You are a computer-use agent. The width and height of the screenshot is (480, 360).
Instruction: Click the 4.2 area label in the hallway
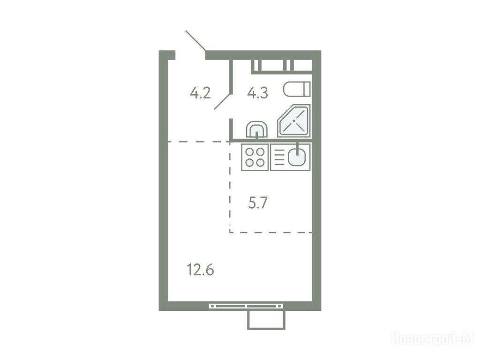200,93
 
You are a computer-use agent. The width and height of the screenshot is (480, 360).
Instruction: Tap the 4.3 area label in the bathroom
258,93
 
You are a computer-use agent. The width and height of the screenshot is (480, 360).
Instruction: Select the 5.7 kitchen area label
258,202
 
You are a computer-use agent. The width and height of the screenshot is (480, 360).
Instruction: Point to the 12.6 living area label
201,270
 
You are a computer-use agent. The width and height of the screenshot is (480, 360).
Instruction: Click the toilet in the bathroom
297,90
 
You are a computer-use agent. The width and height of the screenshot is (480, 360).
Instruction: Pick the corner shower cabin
294,121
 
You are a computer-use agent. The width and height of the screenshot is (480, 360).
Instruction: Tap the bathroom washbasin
257,129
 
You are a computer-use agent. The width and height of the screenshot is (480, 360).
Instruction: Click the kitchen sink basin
296,157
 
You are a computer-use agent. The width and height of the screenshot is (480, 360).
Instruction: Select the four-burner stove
255,157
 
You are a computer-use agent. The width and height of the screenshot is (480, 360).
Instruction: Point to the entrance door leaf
195,40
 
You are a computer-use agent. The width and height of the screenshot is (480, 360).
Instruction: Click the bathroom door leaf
223,101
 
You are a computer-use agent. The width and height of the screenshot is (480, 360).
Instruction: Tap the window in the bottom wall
247,306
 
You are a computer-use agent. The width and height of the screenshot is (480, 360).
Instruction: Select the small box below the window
266,320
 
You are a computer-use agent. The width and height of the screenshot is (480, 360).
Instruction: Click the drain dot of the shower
294,121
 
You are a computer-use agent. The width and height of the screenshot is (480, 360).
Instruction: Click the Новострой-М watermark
433,339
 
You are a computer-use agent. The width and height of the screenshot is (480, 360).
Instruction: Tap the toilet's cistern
307,90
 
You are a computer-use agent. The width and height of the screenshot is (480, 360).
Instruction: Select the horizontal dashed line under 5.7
271,232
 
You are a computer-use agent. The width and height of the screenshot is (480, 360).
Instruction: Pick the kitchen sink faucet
297,147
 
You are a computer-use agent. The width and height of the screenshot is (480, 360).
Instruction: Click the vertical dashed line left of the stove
230,187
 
